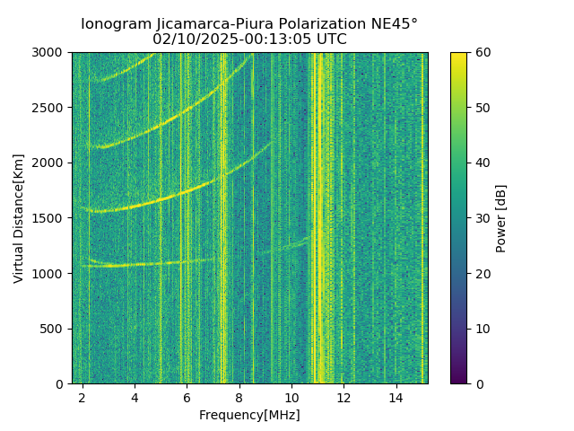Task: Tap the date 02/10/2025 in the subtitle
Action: click(189, 40)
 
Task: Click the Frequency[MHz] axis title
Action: click(249, 415)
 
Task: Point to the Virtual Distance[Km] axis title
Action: click(19, 218)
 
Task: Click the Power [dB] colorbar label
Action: click(501, 218)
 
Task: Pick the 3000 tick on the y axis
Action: click(49, 52)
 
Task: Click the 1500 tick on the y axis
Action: click(49, 218)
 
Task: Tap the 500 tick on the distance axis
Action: click(53, 329)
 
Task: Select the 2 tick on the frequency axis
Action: click(83, 397)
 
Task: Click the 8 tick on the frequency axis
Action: click(239, 397)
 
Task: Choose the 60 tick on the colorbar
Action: click(482, 52)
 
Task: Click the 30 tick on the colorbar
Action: click(482, 218)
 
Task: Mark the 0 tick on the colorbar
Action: click(478, 383)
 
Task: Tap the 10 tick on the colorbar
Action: click(482, 329)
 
